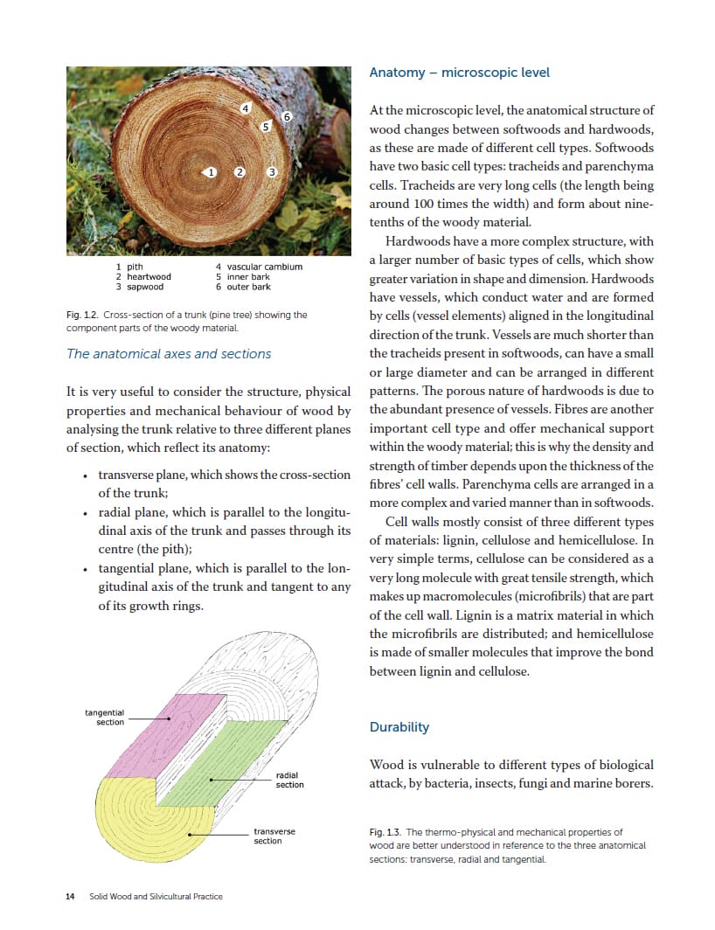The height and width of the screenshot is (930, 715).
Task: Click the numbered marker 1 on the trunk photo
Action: (x=210, y=171)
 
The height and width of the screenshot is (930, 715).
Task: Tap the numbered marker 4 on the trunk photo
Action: (x=246, y=108)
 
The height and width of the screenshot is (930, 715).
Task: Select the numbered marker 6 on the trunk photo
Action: (x=286, y=117)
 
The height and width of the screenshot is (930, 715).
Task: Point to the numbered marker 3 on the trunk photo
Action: (x=272, y=171)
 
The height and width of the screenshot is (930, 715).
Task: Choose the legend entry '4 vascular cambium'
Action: (x=259, y=267)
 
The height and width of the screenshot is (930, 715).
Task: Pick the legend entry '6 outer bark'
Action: (x=243, y=287)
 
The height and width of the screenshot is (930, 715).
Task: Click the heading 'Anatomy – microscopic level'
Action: (x=460, y=73)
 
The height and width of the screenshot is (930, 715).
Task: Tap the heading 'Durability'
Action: (x=399, y=727)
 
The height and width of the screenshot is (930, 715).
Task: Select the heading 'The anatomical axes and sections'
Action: (x=169, y=354)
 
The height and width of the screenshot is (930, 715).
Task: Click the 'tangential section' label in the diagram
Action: (x=105, y=717)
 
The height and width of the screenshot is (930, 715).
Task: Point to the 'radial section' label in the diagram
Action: (x=289, y=780)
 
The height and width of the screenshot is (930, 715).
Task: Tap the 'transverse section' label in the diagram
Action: (x=274, y=836)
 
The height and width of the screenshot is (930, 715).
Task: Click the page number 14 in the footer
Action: (x=71, y=897)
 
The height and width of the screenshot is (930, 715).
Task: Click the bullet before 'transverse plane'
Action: (x=84, y=476)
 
